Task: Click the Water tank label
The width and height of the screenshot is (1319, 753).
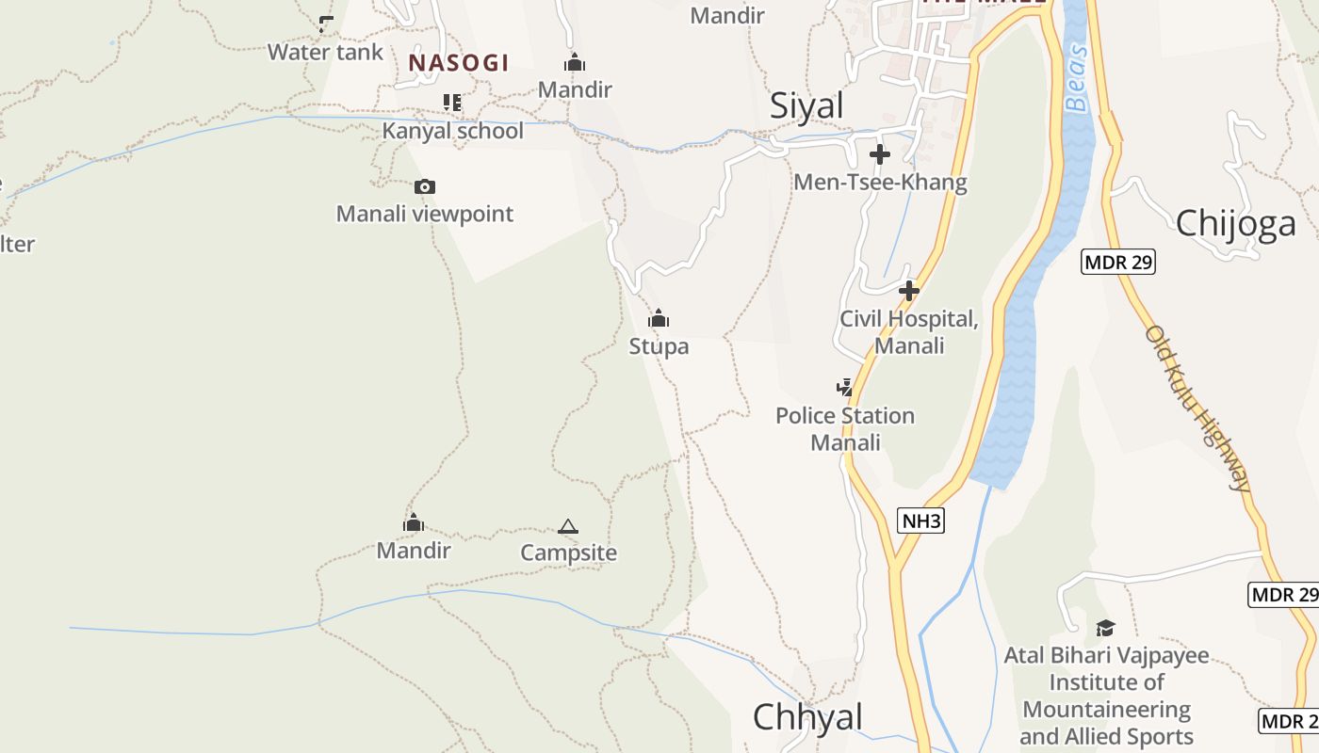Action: [x=325, y=52]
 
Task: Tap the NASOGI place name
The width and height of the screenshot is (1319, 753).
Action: [x=458, y=63]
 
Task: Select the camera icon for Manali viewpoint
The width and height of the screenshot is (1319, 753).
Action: [x=425, y=186]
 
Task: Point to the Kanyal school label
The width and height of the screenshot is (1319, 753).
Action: [x=452, y=131]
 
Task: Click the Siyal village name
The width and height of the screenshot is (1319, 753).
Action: [x=806, y=105]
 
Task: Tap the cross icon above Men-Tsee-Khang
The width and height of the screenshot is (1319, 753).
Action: [x=880, y=154]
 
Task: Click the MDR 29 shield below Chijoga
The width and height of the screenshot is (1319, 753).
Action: [x=1118, y=262]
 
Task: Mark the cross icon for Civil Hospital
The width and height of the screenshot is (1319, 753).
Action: [x=909, y=291]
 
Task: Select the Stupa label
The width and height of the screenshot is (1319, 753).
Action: [x=659, y=346]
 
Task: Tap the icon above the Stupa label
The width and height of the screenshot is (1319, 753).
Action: [x=659, y=318]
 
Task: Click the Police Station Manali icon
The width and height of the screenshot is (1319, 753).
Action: [x=845, y=387]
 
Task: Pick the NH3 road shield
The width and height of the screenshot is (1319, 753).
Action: [x=920, y=521]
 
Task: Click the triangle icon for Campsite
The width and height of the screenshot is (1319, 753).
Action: [x=567, y=526]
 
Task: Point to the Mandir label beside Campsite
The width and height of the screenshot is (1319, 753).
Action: [x=414, y=550]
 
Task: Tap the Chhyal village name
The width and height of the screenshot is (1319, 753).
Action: [x=807, y=717]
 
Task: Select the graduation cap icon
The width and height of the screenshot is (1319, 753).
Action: [x=1105, y=628]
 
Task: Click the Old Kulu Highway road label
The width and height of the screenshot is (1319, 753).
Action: [x=1198, y=408]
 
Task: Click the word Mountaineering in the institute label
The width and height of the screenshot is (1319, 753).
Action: [x=1107, y=710]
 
